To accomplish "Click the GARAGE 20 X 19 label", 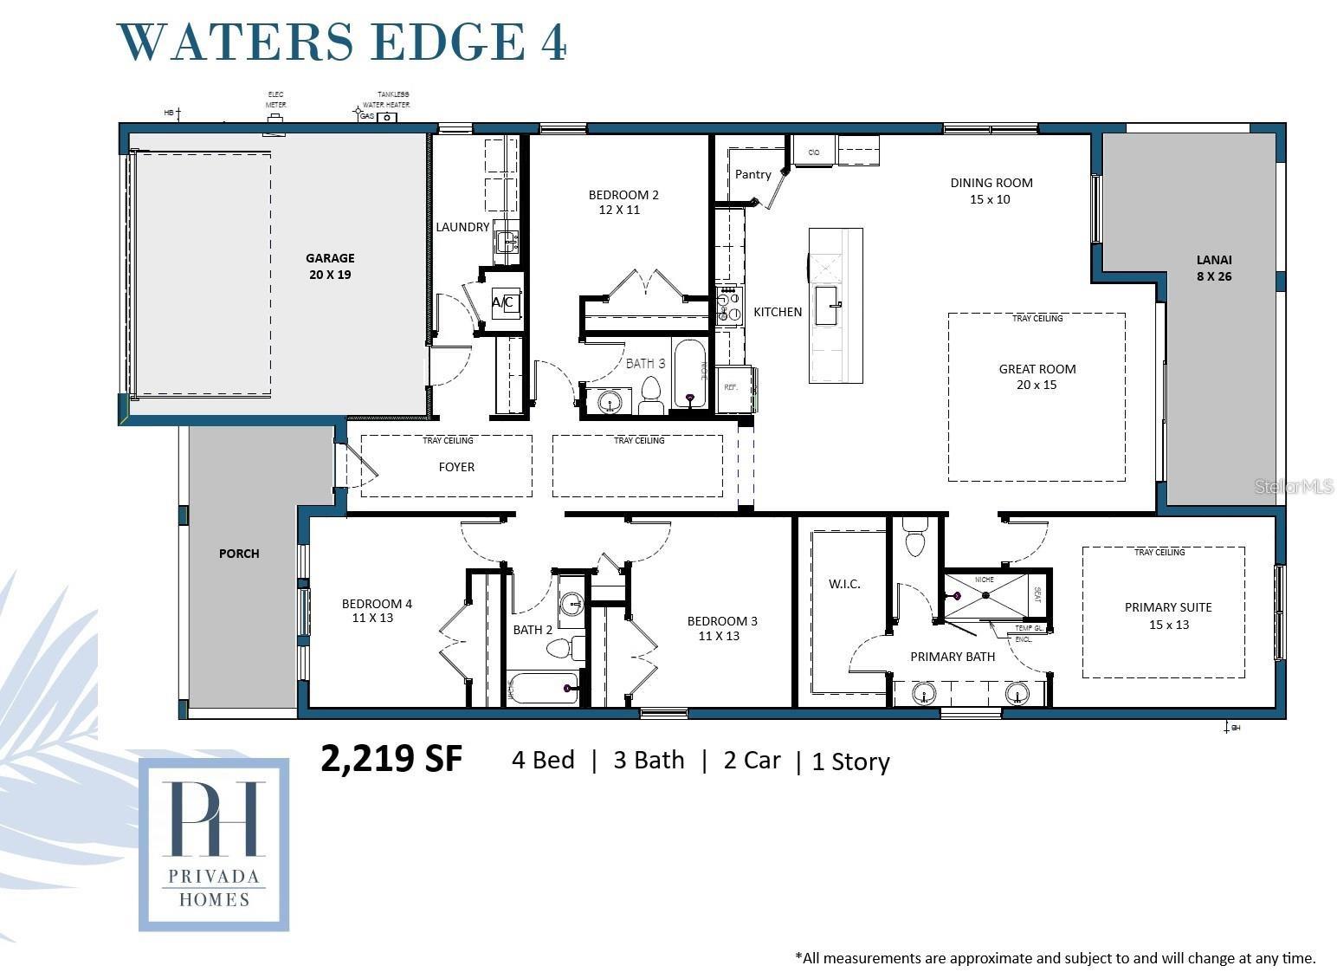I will [x=330, y=266].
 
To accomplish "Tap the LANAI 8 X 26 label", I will [x=1213, y=268].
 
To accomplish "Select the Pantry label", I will [x=752, y=174].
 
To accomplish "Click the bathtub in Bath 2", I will [x=542, y=688].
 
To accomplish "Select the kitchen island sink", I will [x=826, y=305].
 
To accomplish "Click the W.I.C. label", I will [x=844, y=584].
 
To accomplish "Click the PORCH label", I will [x=239, y=554].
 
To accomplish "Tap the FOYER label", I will [x=456, y=467].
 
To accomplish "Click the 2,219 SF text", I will [x=391, y=759].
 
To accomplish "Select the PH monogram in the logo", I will [x=214, y=818].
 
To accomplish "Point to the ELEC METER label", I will [x=275, y=99].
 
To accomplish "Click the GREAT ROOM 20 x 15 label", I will [x=1037, y=377].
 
